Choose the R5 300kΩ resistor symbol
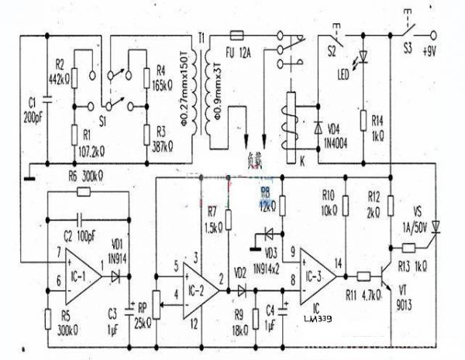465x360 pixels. [48, 317]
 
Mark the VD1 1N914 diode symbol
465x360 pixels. [115, 274]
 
